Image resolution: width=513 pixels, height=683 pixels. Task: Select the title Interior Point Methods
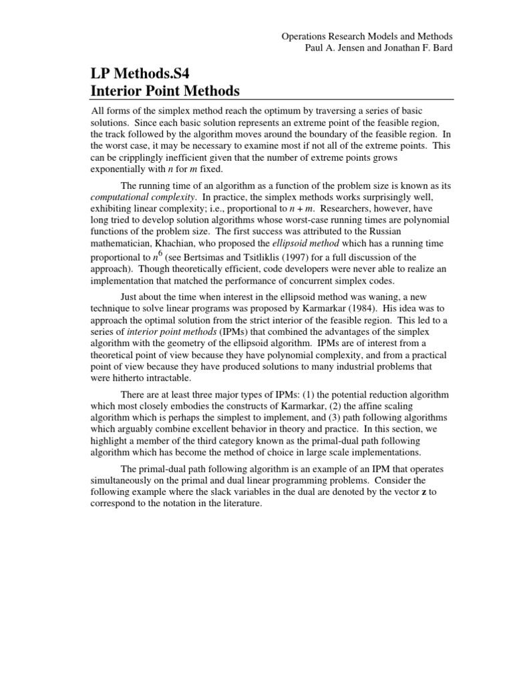pos(164,91)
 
